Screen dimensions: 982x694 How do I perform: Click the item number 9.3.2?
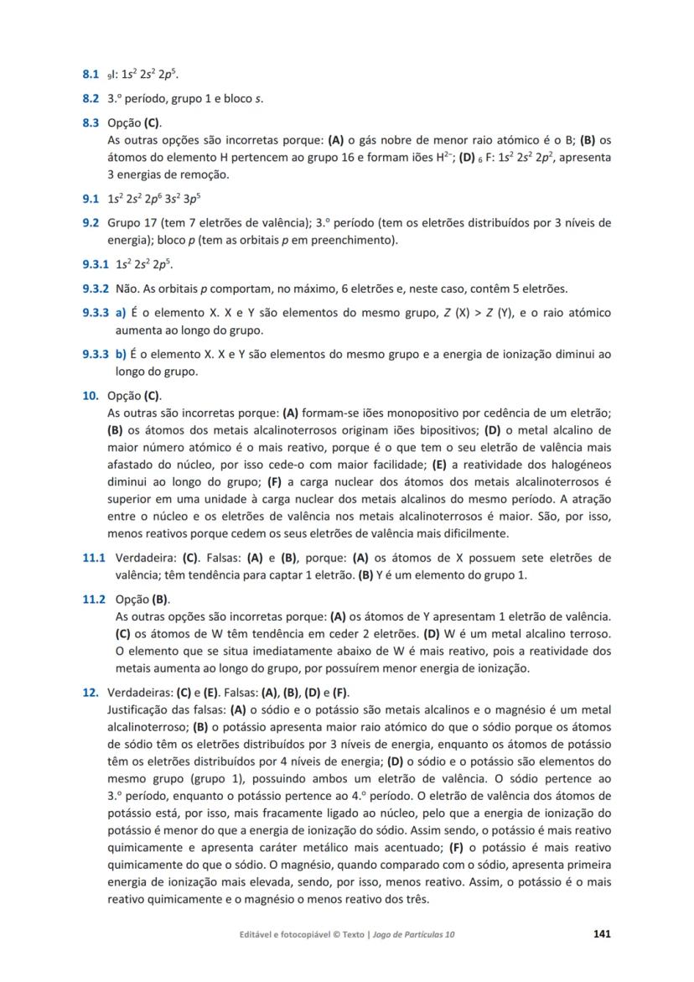coord(96,289)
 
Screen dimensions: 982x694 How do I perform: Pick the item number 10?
coord(91,396)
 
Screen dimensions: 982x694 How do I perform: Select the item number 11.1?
coord(93,558)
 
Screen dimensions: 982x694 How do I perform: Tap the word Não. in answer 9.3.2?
coord(127,289)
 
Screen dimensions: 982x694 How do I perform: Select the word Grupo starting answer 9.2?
coord(123,223)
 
